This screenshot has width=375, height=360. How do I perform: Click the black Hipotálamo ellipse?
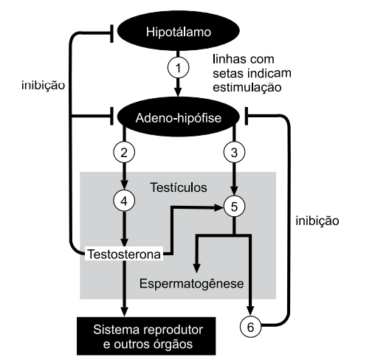pos(177,33)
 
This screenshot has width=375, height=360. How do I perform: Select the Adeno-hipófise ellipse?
pos(177,116)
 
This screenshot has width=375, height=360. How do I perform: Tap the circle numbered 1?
pos(177,68)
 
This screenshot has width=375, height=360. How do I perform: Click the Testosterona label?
pos(123,255)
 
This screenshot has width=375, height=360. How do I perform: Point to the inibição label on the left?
pos(43,85)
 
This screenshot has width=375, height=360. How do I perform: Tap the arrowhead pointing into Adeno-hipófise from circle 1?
pos(177,92)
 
